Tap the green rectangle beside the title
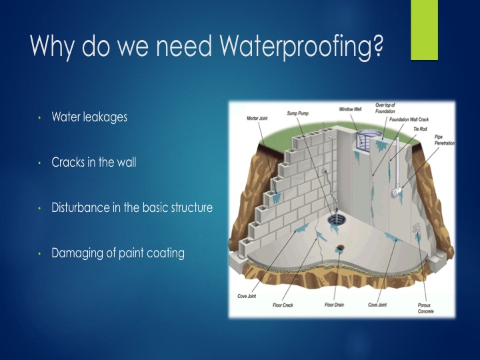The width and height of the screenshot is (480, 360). click(x=424, y=30)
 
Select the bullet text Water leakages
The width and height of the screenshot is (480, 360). click(x=89, y=117)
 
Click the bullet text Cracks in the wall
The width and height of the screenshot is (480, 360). click(x=94, y=162)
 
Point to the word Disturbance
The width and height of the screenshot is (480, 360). click(x=81, y=207)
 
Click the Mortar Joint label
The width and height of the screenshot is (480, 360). click(x=257, y=118)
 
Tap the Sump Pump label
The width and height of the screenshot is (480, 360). click(x=298, y=113)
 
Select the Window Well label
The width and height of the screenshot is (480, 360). click(x=350, y=109)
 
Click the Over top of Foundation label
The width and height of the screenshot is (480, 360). click(x=385, y=108)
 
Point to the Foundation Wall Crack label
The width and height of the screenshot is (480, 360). click(x=409, y=119)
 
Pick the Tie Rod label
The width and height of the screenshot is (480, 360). click(x=420, y=129)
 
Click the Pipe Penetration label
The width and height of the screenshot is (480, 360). click(x=445, y=140)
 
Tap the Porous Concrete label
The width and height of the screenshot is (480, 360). click(x=425, y=308)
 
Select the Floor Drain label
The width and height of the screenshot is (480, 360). click(x=334, y=305)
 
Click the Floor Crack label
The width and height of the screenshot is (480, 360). click(x=283, y=305)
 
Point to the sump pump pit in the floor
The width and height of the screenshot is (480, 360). click(x=336, y=220)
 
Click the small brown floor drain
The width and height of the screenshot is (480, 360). click(x=340, y=247)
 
